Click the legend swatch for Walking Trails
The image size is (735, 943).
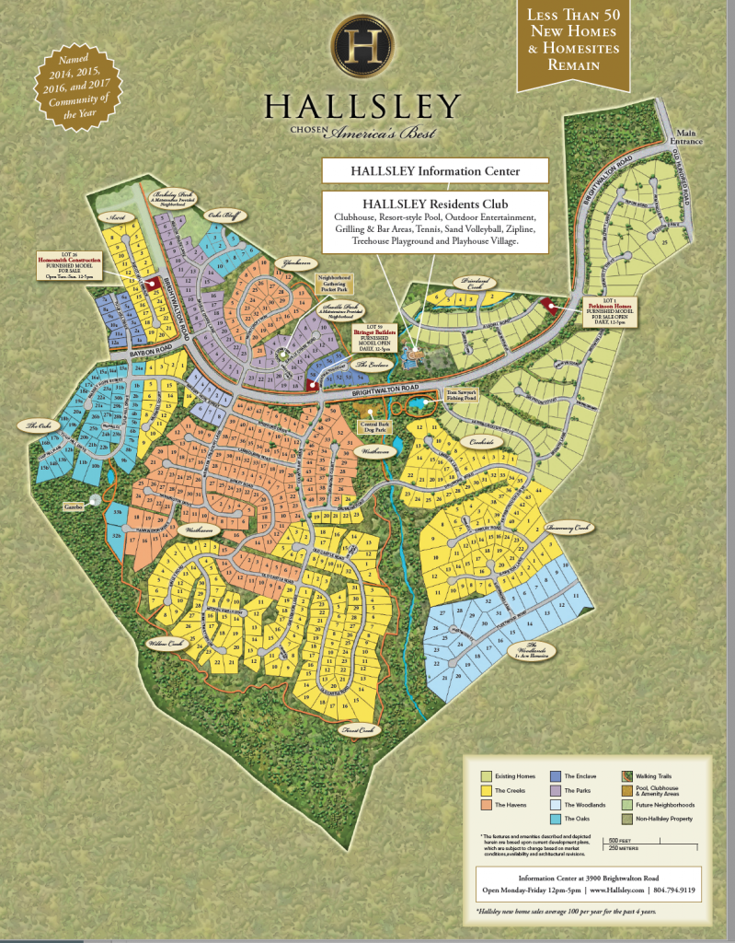(627, 776)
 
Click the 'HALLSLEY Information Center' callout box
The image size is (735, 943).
(435, 170)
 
